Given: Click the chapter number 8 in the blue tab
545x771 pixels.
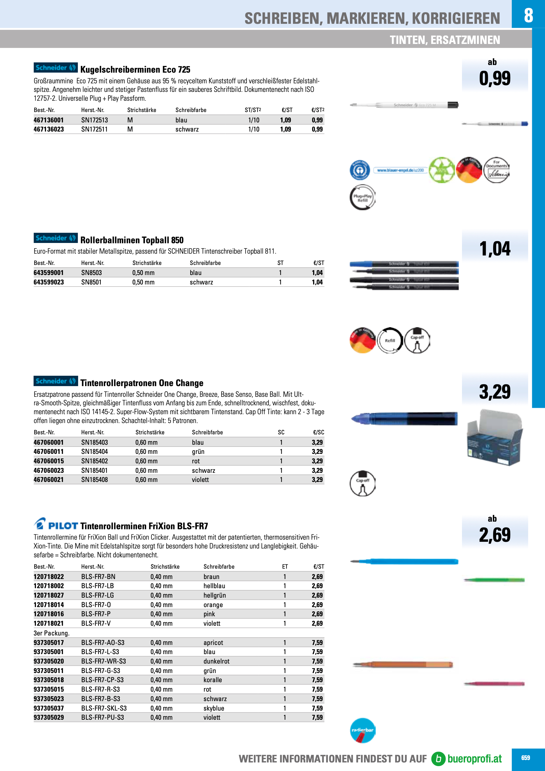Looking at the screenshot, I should pyautogui.click(x=528, y=15).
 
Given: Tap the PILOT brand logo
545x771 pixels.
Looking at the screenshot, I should pyautogui.click(x=56, y=524).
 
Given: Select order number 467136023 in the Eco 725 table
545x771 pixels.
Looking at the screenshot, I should pyautogui.click(x=49, y=129).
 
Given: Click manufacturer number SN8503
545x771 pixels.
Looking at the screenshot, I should pyautogui.click(x=91, y=273).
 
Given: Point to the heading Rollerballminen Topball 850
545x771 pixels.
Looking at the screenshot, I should pyautogui.click(x=132, y=240).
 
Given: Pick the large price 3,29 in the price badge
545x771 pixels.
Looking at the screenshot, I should pyautogui.click(x=495, y=392).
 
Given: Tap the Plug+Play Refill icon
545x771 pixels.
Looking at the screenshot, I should pyautogui.click(x=362, y=197).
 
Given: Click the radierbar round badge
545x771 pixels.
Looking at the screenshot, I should pyautogui.click(x=362, y=730).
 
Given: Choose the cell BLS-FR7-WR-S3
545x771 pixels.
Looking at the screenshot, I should pyautogui.click(x=103, y=661).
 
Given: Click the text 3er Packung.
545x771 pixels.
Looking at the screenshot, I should pyautogui.click(x=51, y=633).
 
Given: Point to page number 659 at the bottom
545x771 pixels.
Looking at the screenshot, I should pyautogui.click(x=525, y=758).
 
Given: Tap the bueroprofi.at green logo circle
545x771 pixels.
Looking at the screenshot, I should pyautogui.click(x=438, y=758).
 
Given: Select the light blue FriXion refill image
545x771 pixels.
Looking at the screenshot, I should pyautogui.click(x=404, y=561).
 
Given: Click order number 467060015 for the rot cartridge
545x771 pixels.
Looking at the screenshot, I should pyautogui.click(x=49, y=461).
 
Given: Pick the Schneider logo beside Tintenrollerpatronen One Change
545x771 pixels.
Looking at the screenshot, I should pyautogui.click(x=56, y=381).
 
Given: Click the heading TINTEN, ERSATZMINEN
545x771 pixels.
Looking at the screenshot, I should pyautogui.click(x=445, y=40).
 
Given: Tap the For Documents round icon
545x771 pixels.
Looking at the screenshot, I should pyautogui.click(x=496, y=170).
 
